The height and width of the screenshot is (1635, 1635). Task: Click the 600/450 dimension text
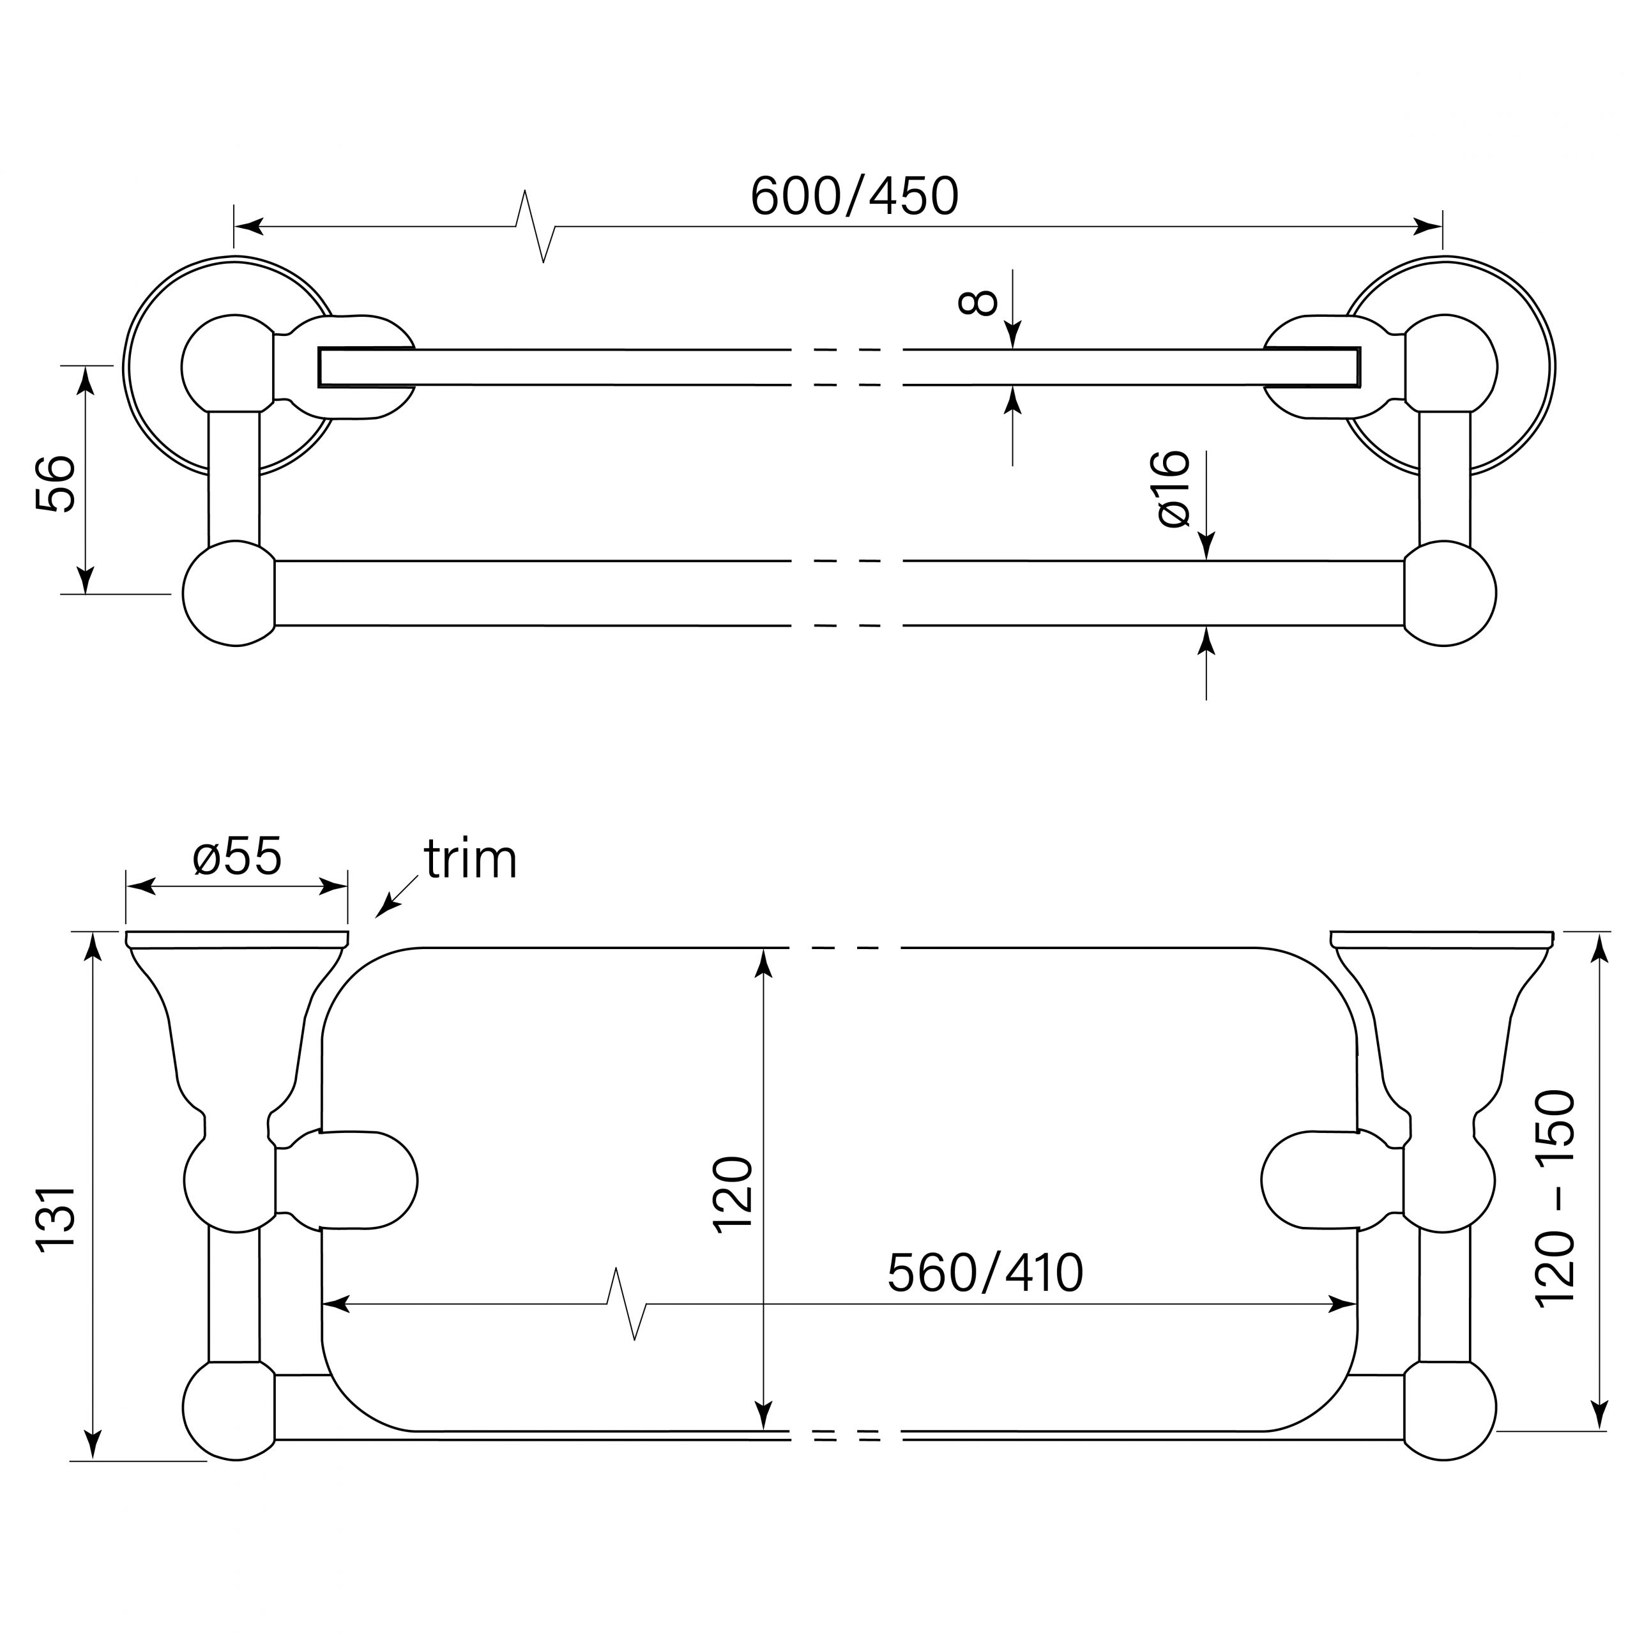pos(855,196)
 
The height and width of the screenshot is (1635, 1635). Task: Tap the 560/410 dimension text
pos(985,1273)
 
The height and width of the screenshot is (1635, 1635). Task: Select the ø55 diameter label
pos(237,856)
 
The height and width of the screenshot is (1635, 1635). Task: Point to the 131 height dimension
pos(57,1216)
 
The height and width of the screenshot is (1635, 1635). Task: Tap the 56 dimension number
pos(56,483)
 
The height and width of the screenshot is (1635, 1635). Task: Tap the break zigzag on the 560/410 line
pos(627,1304)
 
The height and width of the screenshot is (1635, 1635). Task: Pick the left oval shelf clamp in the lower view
pos(369,1179)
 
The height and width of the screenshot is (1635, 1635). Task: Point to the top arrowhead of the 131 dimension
pos(94,948)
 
